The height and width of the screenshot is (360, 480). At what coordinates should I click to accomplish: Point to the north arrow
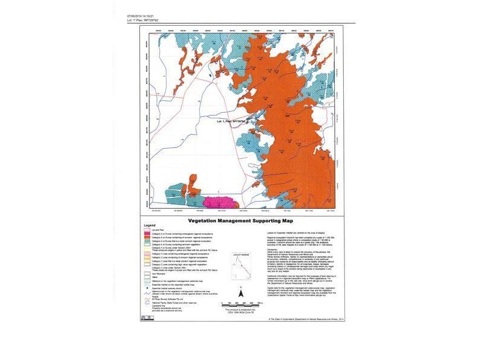tap(239, 293)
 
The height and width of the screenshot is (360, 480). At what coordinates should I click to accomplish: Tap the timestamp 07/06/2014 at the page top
tap(142, 16)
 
